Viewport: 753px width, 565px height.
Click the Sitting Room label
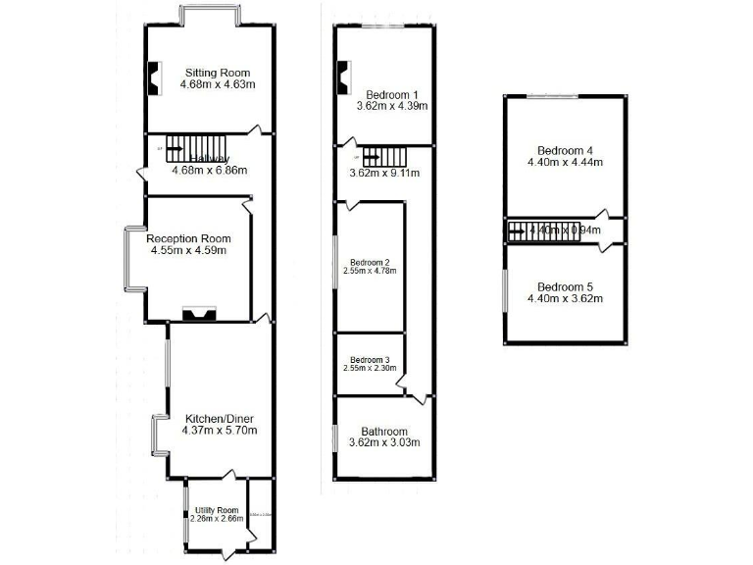point(218,73)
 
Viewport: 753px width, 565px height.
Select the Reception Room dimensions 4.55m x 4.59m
point(188,251)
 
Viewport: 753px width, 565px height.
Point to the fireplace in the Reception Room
point(199,314)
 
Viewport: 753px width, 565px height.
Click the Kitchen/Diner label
point(219,418)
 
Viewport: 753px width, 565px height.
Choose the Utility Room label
point(217,510)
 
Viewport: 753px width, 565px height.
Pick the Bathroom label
point(383,431)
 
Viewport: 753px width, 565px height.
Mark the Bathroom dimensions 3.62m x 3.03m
point(383,443)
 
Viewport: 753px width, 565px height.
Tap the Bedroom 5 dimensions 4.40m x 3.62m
point(563,298)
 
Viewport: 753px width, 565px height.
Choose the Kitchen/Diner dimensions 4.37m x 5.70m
point(219,431)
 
